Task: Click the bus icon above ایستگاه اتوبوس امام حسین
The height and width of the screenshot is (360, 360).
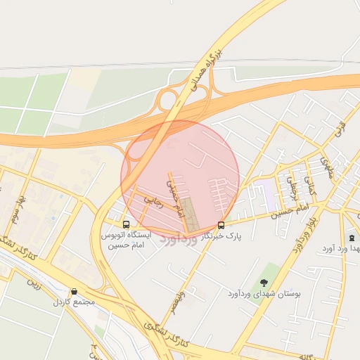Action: tap(126, 224)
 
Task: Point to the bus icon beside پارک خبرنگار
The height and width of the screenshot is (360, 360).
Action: tap(221, 225)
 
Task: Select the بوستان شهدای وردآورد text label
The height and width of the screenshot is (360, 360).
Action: tap(265, 294)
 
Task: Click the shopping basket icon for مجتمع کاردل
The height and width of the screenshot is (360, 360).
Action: tap(74, 291)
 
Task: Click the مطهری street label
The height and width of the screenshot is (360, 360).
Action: tap(326, 167)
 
